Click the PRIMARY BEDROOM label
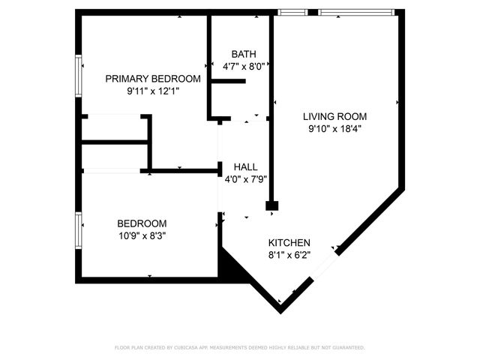point(152,79)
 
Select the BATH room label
point(243,54)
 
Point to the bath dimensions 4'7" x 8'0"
point(243,66)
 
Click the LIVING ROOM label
point(334,116)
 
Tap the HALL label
point(245,167)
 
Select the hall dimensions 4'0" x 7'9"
point(246,179)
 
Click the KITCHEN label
point(289,243)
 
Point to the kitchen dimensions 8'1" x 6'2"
point(289,255)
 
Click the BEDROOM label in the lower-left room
point(141,223)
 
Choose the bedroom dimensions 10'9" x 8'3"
point(141,235)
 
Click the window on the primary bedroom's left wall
point(78,74)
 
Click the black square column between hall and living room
point(272,205)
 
